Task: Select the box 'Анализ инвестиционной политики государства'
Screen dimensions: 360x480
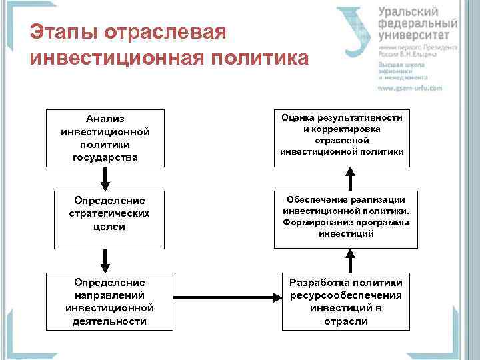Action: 105,138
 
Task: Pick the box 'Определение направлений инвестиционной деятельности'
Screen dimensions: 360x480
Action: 110,301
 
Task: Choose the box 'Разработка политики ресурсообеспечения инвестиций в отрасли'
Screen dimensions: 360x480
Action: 345,301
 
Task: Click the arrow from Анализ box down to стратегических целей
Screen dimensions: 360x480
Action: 105,178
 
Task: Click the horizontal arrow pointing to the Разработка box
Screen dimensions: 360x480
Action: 227,297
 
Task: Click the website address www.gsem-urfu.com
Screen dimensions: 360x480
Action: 409,88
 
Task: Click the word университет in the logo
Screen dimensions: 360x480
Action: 417,35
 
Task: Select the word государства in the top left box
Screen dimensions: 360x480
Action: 105,157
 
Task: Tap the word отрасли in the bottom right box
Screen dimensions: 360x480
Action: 345,321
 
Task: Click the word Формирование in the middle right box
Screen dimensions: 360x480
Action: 314,222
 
